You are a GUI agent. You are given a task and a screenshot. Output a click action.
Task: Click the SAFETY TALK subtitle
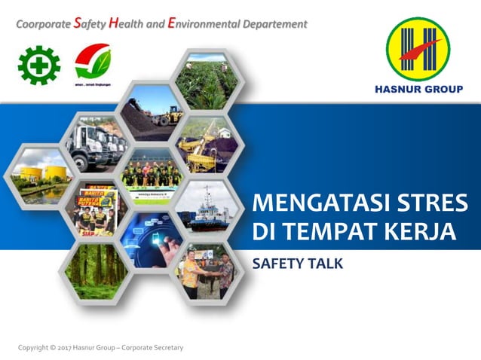296,264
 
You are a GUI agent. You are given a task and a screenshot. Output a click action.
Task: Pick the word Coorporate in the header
43,24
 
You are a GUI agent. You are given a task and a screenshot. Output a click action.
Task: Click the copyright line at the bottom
100,347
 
